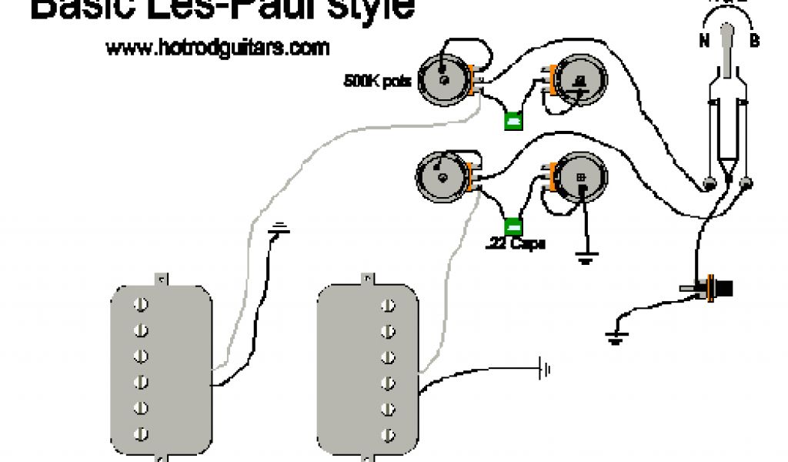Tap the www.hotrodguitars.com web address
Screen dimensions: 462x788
[x=218, y=48]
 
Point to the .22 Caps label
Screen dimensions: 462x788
[x=516, y=244]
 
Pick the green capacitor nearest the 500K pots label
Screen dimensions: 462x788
[x=513, y=121]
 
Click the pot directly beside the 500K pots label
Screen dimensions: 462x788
[x=445, y=79]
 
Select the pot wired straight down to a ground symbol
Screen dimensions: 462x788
[x=579, y=177]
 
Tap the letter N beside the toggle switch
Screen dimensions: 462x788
[x=704, y=42]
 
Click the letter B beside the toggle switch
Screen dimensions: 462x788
[x=755, y=41]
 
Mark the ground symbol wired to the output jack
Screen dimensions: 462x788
[x=614, y=336]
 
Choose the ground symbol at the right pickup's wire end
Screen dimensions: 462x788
[x=546, y=370]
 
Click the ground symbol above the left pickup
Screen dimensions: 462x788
[x=281, y=229]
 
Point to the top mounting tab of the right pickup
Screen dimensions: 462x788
[x=367, y=278]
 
